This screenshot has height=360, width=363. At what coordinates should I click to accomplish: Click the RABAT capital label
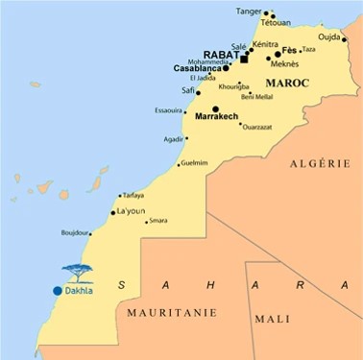tap(220, 56)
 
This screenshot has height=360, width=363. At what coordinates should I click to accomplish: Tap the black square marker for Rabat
tap(244, 58)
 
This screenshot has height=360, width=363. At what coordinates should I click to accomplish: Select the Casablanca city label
tap(198, 69)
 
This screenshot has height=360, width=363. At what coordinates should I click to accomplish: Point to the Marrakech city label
tap(216, 116)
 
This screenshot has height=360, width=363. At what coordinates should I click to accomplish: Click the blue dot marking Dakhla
tap(58, 290)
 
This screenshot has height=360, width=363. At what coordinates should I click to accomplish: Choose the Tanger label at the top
tap(248, 12)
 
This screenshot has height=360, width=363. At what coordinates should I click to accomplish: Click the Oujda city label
tap(329, 38)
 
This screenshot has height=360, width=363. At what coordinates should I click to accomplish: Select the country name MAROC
tap(286, 84)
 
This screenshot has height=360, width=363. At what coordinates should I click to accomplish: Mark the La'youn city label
tap(132, 211)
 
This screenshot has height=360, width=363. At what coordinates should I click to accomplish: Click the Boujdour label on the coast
tap(74, 231)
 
